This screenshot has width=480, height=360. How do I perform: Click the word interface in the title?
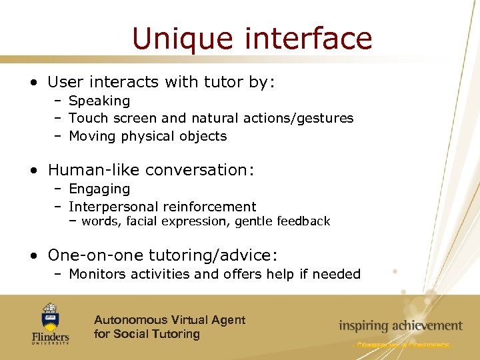(309, 39)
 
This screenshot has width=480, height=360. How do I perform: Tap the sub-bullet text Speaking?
(99, 101)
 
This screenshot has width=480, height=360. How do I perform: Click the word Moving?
(93, 136)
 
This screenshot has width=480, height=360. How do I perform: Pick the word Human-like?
(93, 170)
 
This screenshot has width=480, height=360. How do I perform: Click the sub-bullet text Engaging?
(99, 189)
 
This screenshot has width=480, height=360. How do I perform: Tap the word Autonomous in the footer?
(129, 320)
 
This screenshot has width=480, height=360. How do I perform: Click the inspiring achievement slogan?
(400, 326)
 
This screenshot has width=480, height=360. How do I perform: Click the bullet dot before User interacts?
(33, 83)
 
